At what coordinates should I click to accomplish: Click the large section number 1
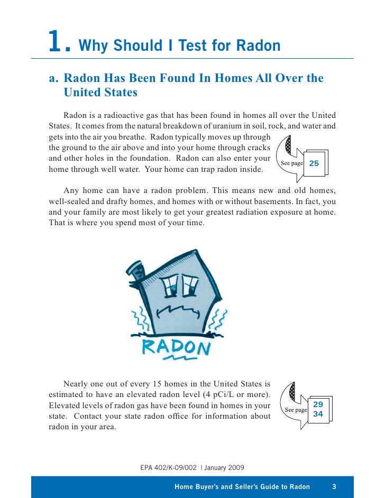tap(56, 41)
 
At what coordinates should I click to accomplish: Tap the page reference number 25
tap(314, 163)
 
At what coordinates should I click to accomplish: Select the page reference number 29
tap(318, 403)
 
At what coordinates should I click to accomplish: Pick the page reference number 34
tap(318, 414)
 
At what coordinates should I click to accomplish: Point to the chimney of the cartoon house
tap(138, 271)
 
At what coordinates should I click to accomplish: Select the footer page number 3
tap(334, 486)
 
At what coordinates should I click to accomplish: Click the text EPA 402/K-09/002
tap(169, 467)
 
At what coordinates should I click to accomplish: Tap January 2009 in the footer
tap(224, 467)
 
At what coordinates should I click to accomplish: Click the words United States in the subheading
tap(100, 93)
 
